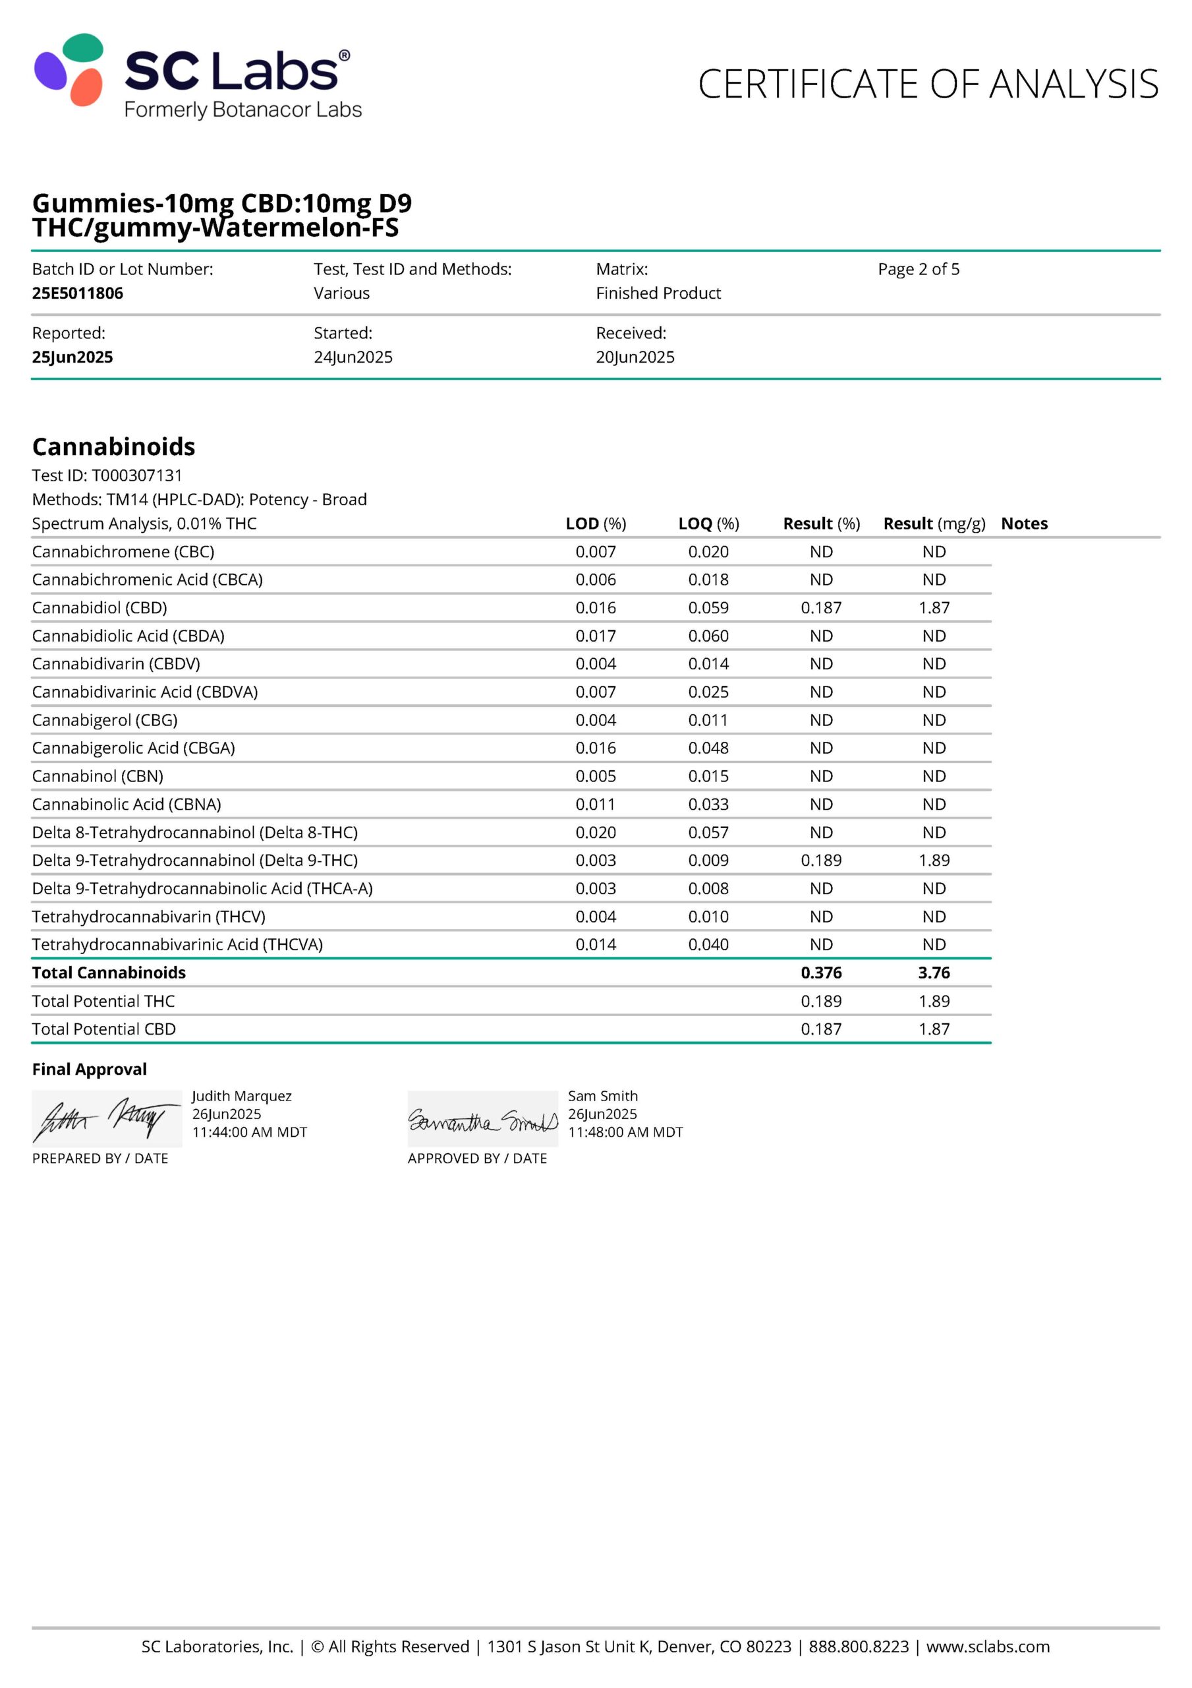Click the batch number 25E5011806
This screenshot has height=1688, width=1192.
(77, 293)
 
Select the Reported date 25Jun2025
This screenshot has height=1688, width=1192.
(72, 357)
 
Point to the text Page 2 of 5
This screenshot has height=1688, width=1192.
(918, 269)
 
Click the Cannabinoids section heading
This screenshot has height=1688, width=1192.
(113, 446)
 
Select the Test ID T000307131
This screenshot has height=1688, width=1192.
(136, 475)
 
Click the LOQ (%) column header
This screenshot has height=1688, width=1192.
(708, 524)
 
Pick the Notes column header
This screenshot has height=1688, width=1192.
(1024, 524)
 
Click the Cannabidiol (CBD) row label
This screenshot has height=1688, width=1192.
(99, 607)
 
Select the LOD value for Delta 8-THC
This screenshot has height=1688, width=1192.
(595, 831)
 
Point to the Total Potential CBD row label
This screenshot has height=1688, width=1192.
(103, 1029)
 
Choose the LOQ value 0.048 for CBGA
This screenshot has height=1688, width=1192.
(708, 748)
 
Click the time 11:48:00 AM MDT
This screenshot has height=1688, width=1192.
(625, 1132)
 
